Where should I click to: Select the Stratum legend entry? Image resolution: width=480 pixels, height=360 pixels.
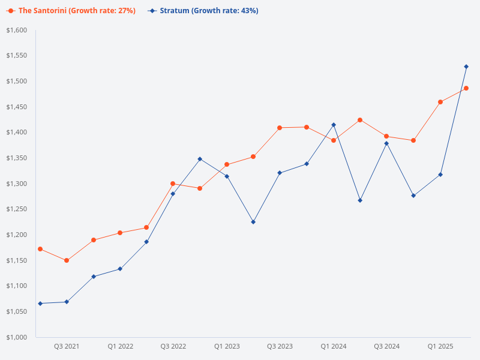204,11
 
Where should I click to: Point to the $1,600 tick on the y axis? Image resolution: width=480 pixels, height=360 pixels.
16,30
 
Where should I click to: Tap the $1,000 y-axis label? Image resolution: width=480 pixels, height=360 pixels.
16,337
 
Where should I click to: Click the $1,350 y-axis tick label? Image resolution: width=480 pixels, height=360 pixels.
16,158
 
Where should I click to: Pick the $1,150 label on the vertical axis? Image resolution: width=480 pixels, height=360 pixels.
16,260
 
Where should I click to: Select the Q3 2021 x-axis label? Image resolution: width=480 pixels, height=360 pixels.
67,347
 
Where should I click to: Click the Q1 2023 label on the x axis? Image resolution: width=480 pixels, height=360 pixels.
227,347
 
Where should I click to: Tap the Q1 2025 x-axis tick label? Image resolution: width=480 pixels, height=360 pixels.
440,347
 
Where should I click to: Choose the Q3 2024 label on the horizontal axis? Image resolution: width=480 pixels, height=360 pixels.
387,347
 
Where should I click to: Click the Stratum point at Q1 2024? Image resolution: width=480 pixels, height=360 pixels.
334,125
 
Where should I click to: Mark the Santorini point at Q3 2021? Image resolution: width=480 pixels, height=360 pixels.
67,260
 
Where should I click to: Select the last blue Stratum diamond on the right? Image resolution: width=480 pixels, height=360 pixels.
466,67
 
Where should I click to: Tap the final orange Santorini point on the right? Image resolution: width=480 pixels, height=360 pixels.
466,88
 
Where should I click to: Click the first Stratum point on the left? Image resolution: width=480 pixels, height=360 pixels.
40,304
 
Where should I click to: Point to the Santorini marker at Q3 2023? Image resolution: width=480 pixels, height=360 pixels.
280,128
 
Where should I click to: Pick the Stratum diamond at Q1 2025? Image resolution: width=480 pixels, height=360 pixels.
440,175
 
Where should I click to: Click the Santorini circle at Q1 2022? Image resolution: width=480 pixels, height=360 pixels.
120,233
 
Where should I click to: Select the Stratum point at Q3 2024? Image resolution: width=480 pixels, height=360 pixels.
387,143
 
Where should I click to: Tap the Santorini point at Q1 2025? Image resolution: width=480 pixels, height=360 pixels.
440,102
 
